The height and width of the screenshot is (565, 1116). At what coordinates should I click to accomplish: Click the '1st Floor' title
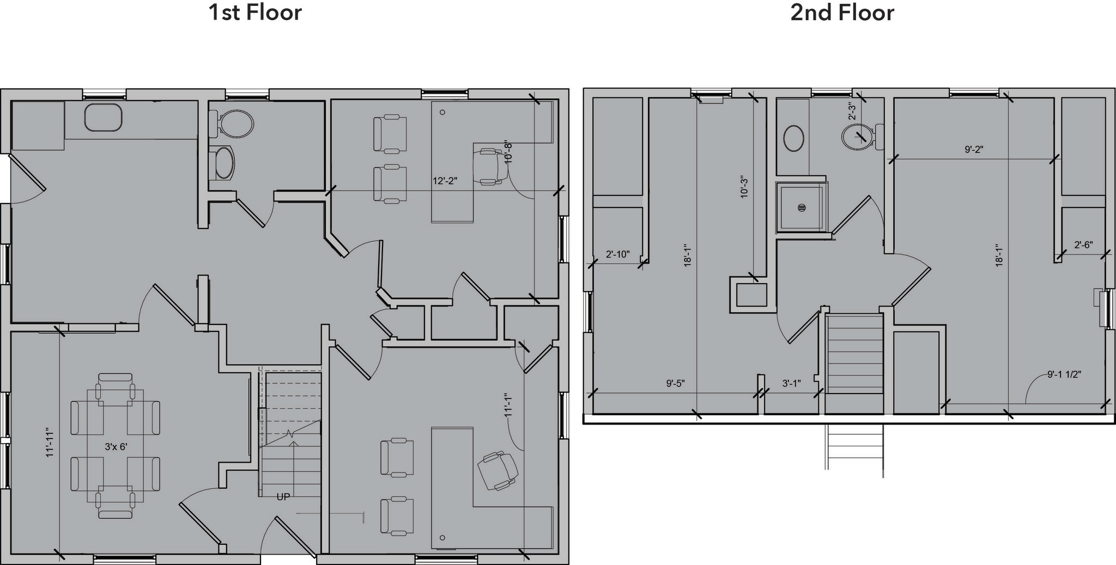point(255,13)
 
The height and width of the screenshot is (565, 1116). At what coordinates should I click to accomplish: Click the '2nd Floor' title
point(842,13)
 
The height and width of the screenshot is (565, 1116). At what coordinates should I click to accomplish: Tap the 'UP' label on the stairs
point(283,497)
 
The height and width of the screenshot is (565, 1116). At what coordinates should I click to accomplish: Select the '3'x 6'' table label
point(116,447)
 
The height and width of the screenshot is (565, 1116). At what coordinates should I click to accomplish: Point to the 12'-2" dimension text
point(445,181)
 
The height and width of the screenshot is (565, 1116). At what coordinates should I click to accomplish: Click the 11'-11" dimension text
point(50,443)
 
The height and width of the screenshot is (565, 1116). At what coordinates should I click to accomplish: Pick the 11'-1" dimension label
point(508,406)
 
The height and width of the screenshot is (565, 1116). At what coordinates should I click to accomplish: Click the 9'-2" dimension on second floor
point(974,150)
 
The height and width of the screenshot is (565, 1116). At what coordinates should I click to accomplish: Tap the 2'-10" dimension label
point(617,254)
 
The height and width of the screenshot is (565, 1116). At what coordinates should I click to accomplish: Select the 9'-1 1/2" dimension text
point(1064,374)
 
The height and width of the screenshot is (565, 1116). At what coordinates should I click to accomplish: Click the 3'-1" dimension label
point(791,383)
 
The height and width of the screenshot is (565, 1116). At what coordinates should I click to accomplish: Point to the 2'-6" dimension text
point(1083,245)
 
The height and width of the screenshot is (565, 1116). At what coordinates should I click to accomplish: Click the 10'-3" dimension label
point(744,187)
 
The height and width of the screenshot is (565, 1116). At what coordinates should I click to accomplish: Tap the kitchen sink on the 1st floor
point(103,117)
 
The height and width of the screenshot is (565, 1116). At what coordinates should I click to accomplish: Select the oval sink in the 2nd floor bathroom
point(793,138)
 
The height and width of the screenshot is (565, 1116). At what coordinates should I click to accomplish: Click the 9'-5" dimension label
point(675,383)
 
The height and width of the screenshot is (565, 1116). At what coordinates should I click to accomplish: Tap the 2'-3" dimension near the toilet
point(852,112)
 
